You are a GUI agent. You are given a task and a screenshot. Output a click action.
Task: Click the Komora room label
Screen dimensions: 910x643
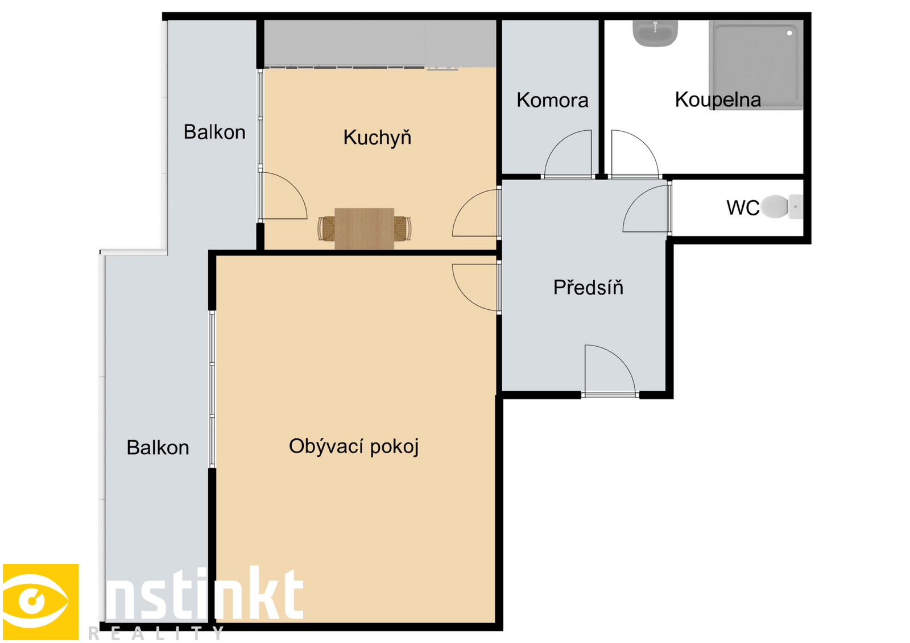pos(552,100)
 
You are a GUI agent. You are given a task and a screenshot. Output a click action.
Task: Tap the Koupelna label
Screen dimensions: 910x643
pos(718,99)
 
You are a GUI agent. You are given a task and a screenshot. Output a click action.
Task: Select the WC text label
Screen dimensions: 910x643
pos(743,208)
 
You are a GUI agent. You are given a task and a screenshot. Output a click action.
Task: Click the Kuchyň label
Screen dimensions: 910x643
pos(377,137)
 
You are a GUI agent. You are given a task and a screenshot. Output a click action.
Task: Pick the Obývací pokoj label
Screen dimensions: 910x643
pos(353,446)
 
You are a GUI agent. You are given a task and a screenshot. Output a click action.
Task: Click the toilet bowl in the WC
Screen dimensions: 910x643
pos(781,207)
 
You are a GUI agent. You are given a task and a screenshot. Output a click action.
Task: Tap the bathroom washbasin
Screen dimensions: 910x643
pos(655,34)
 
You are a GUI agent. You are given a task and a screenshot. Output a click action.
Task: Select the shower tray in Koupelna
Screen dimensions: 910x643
pos(756,65)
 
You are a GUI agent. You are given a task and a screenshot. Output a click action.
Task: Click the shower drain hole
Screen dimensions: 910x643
pos(789,34)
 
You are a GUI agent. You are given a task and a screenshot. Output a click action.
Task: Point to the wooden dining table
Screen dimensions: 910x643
pos(364,229)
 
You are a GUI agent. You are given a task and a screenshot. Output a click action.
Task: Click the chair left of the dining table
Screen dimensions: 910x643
pos(326,229)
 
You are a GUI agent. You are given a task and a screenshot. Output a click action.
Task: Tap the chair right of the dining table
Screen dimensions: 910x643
pos(402,229)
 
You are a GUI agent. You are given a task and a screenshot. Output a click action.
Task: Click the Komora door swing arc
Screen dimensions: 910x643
pos(559,142)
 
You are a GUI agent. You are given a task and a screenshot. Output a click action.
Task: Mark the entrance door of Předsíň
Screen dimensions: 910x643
pos(610,370)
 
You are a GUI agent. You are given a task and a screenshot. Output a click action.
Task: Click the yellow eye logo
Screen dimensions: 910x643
pos(40,601)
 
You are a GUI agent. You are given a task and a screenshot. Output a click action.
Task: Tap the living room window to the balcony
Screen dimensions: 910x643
pos(212,389)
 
